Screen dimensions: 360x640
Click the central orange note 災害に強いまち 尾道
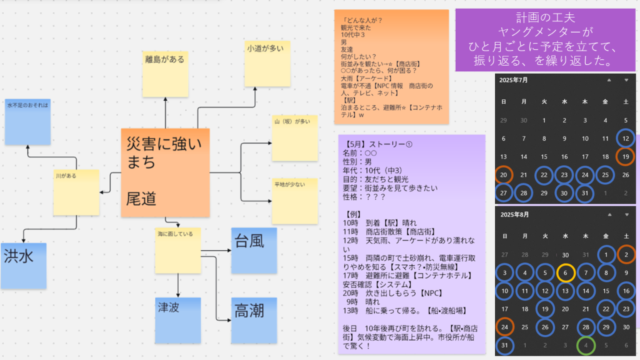pos(165,172)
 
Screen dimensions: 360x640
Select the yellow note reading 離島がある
pos(165,74)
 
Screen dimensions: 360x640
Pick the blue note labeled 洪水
pos(23,266)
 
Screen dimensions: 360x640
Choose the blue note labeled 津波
pos(177,320)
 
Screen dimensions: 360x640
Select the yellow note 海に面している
pos(178,250)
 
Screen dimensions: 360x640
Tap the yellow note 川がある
pos(76,192)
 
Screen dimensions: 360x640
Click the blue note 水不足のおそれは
pos(27,121)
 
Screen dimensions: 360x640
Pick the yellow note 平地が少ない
pos(294,201)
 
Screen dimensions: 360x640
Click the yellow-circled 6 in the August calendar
pos(565,272)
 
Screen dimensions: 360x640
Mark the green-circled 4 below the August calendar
pos(585,344)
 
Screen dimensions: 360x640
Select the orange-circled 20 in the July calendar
pos(504,176)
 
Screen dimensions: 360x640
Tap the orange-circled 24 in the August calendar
pos(504,326)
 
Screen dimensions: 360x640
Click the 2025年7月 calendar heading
pos(514,80)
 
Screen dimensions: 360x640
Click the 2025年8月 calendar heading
pos(514,216)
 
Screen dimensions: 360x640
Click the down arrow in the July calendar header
pos(626,80)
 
